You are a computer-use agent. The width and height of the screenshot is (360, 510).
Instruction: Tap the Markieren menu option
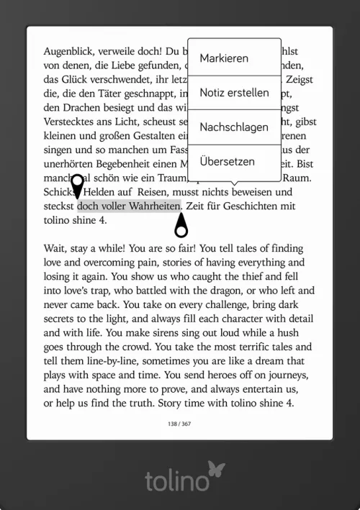pyautogui.click(x=224, y=58)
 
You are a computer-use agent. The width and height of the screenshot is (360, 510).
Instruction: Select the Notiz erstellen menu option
pyautogui.click(x=234, y=93)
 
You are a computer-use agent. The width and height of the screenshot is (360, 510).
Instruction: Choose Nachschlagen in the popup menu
pyautogui.click(x=234, y=127)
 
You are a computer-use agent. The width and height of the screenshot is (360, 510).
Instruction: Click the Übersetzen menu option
pyautogui.click(x=227, y=162)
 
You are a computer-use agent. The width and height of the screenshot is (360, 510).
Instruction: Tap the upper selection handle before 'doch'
pyautogui.click(x=77, y=185)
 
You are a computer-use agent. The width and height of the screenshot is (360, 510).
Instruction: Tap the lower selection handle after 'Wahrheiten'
pyautogui.click(x=181, y=226)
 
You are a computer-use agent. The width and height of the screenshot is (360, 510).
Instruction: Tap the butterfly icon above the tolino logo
pyautogui.click(x=216, y=470)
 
